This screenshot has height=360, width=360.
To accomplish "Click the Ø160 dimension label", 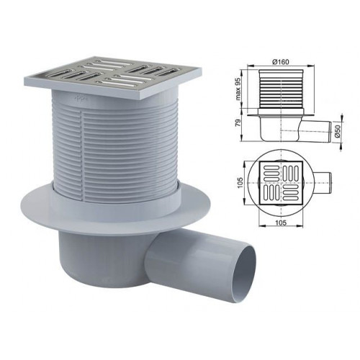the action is [281, 61].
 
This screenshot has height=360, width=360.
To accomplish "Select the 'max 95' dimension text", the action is [238, 89].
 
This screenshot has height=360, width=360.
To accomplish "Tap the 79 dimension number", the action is [238, 123].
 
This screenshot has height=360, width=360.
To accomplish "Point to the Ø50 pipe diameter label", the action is [338, 132].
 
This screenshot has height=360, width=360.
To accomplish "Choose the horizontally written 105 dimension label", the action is [281, 222].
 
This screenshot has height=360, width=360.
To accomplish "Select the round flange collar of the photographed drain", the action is [116, 211].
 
